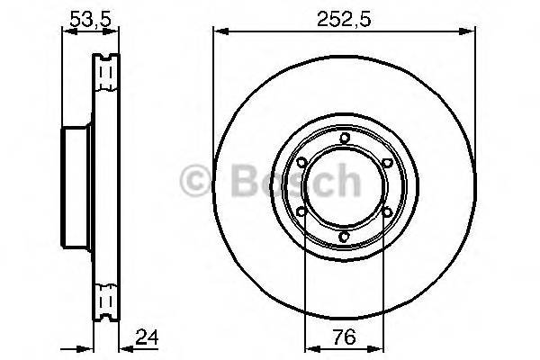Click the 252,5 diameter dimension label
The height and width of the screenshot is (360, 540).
coord(344,15)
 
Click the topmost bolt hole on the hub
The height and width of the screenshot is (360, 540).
coord(344,138)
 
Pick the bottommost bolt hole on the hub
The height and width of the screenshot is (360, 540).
coord(344,237)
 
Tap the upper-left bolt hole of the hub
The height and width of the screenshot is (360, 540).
coord(301,163)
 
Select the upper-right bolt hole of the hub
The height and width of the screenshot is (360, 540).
coord(387,163)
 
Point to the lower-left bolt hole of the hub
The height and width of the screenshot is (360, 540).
coord(301,212)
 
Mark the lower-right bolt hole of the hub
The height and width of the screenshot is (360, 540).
coord(387,212)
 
